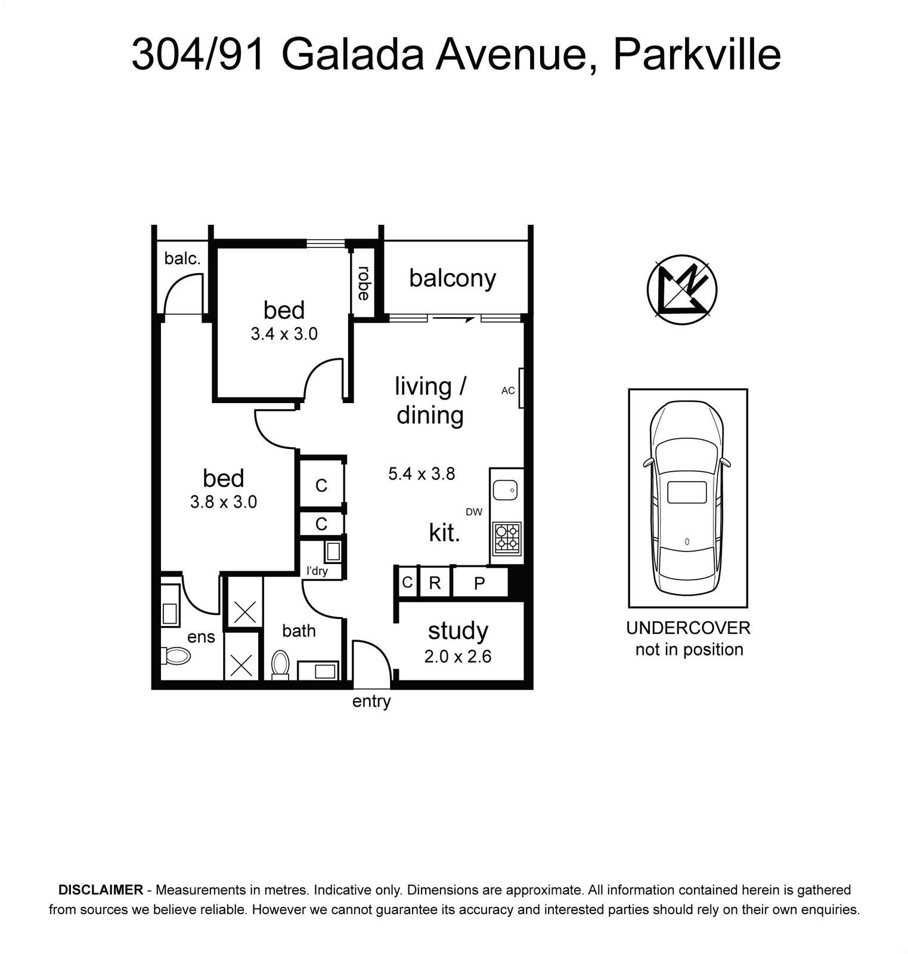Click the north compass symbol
[x=682, y=290]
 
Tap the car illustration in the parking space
[x=687, y=498]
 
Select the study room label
[x=458, y=631]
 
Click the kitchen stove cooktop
[x=507, y=536]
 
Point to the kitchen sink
[x=506, y=491]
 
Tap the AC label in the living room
[x=508, y=391]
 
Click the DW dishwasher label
[x=474, y=512]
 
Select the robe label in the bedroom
[x=363, y=283]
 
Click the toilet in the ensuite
[x=175, y=656]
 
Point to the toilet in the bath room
[x=280, y=664]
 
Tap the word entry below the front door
[x=371, y=702]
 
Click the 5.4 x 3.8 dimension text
[x=422, y=474]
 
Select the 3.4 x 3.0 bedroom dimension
[x=284, y=334]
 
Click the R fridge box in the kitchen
[x=435, y=583]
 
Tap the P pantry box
[x=480, y=583]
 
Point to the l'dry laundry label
[x=317, y=571]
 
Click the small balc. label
[x=182, y=258]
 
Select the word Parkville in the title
[x=697, y=55]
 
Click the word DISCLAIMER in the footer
[x=101, y=890]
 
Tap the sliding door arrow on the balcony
[x=454, y=319]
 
